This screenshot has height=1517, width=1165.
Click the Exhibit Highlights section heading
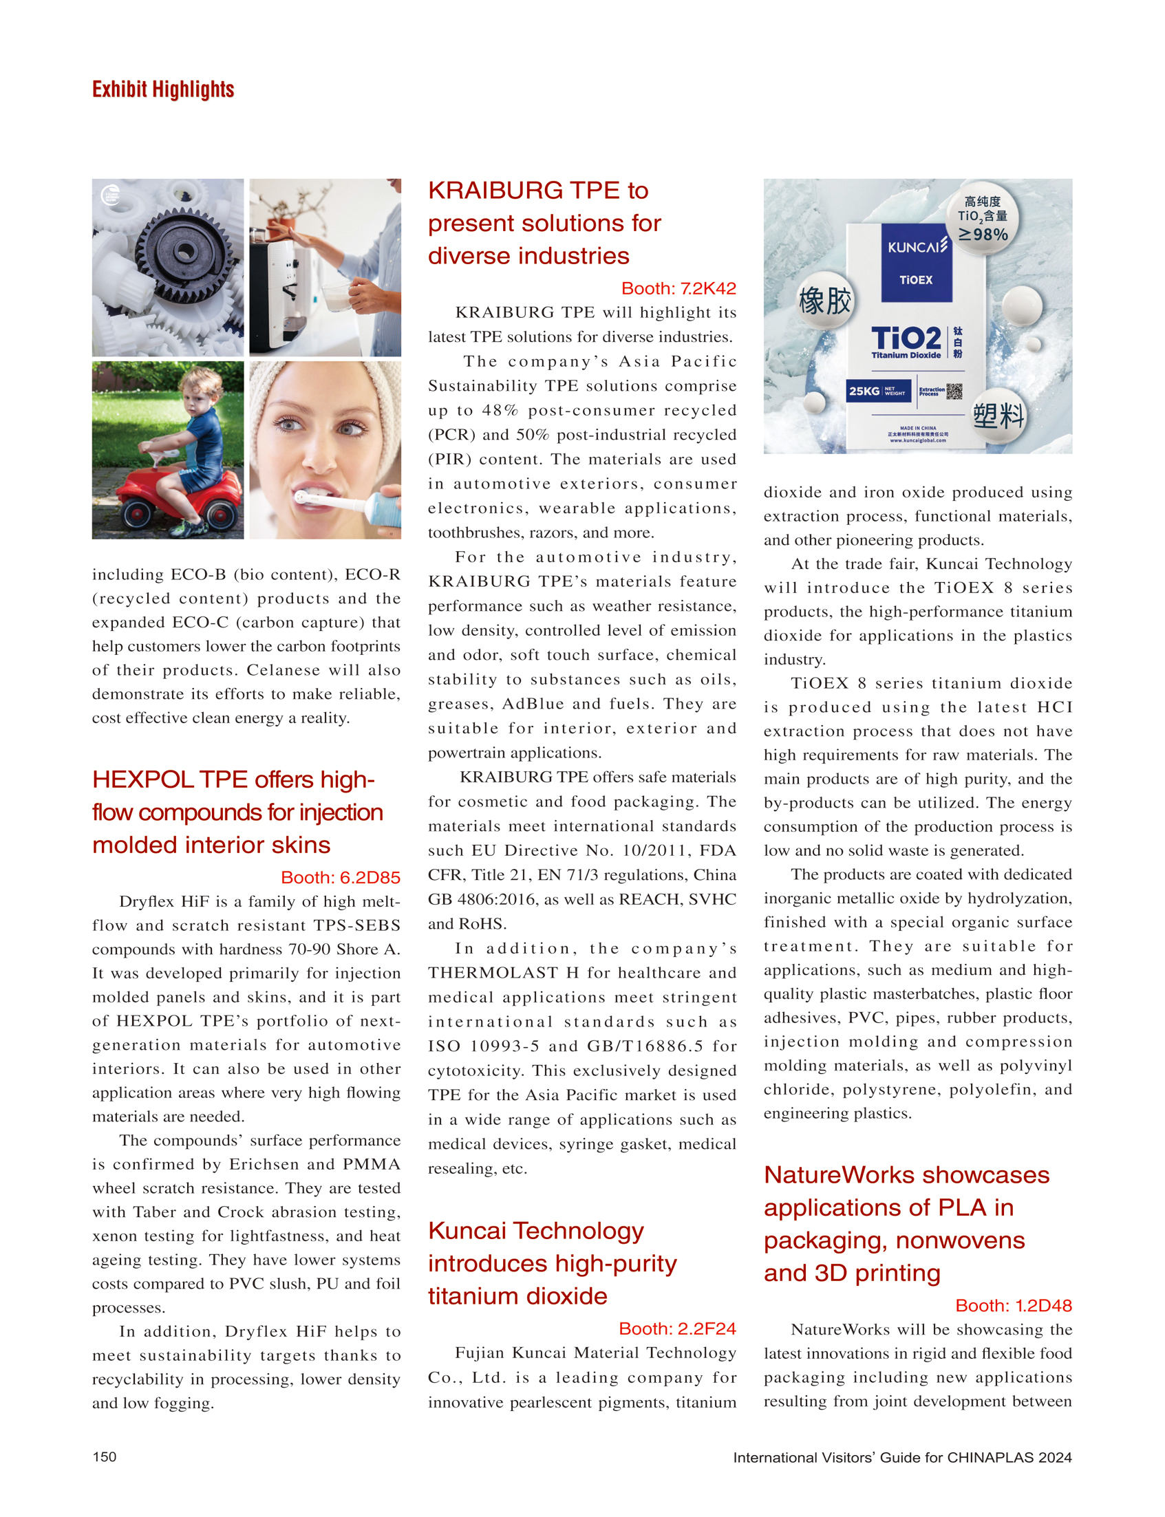click(x=163, y=89)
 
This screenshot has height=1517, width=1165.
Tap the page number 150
click(x=105, y=1456)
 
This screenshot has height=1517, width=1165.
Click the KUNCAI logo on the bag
click(x=917, y=247)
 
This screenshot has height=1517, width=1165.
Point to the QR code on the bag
click(x=954, y=391)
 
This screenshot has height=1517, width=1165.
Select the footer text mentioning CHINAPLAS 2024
click(x=902, y=1457)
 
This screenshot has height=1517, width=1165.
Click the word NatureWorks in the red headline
click(x=839, y=1175)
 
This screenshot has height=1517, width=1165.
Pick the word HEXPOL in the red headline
click(x=143, y=780)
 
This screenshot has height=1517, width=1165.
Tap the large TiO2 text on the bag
click(x=906, y=338)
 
